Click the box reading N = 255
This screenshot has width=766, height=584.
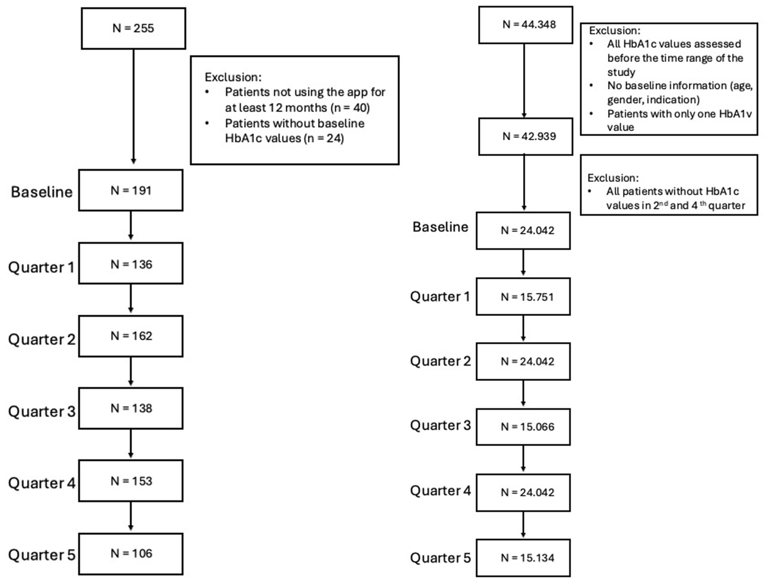click(133, 29)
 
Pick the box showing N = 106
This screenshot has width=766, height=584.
click(131, 554)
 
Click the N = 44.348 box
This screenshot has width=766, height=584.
click(525, 25)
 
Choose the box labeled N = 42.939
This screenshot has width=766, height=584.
click(525, 136)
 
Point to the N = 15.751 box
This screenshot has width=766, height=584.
click(523, 297)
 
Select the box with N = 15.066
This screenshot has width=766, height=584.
click(523, 427)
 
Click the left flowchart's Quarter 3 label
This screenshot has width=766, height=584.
click(42, 411)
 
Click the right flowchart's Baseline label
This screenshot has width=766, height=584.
click(440, 227)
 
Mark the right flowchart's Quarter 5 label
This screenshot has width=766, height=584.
click(440, 558)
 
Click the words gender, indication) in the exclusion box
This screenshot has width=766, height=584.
click(653, 100)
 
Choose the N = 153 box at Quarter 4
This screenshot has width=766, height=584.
click(131, 481)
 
